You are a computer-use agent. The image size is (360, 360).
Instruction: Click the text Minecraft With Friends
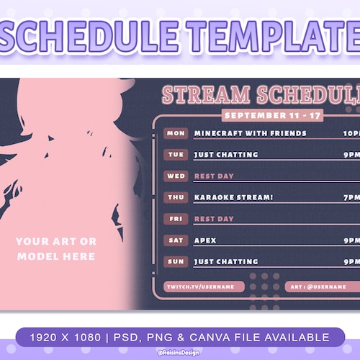point(250,133)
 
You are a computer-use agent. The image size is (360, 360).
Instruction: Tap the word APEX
point(205,240)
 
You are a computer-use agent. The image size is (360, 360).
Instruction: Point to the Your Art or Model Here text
point(55,248)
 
